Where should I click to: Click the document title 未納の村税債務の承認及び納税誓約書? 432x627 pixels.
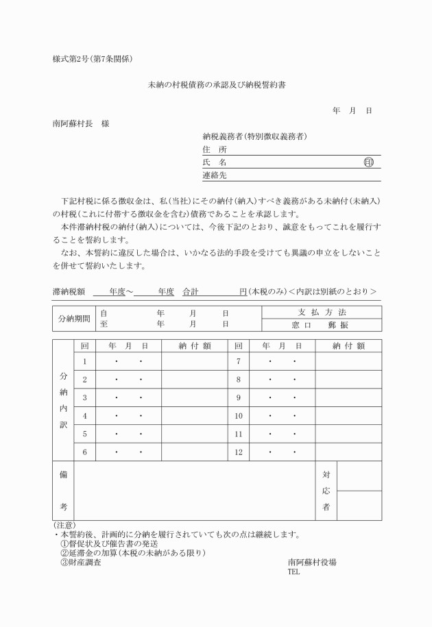click(216, 86)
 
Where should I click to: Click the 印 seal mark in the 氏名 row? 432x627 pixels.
click(369, 162)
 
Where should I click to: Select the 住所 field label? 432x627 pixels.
click(214, 149)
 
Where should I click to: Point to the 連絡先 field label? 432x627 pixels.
click(214, 175)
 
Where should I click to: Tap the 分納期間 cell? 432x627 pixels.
click(73, 318)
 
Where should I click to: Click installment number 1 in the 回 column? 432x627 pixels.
click(84, 361)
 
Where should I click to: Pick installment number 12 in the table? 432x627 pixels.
click(238, 452)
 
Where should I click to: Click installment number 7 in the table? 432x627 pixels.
click(238, 361)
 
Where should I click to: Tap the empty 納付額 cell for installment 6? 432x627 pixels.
click(195, 452)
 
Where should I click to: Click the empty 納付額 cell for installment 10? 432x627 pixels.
click(348, 415)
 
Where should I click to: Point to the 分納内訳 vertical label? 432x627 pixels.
click(64, 398)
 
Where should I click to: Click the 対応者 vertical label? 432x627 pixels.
click(326, 491)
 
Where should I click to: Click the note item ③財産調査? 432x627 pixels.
click(80, 563)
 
